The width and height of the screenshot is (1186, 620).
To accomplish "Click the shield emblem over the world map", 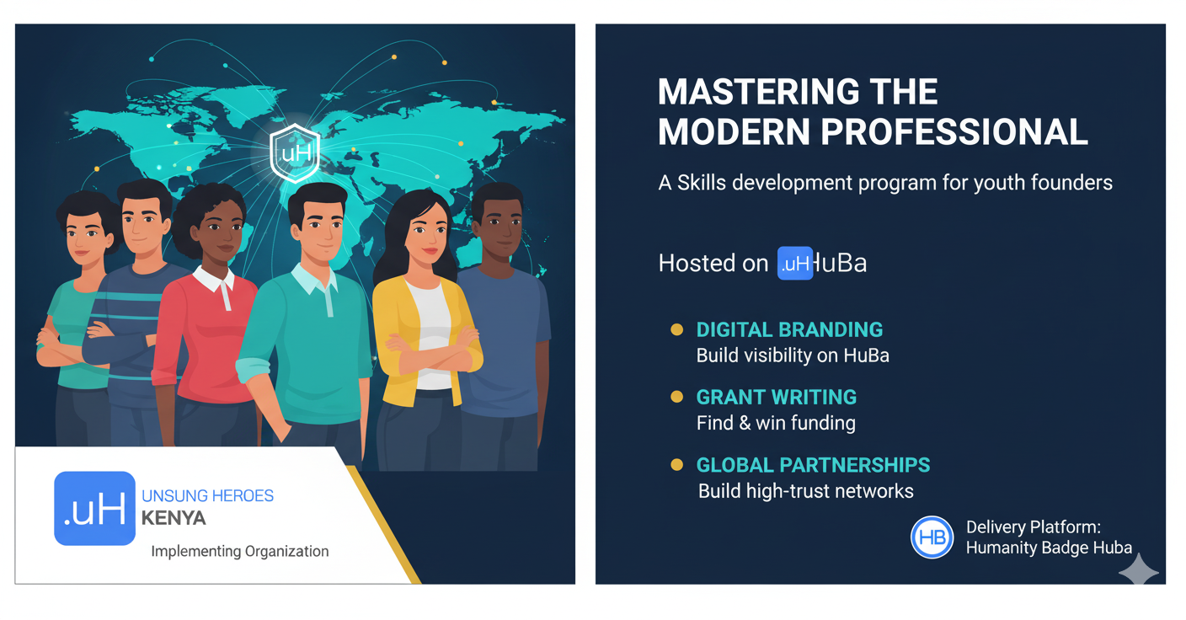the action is pos(295,153).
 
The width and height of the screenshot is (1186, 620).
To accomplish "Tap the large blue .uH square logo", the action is pos(95,508).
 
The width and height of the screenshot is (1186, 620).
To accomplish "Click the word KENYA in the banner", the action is pos(174,518).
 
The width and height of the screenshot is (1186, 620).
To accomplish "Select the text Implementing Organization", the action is pos(240,552).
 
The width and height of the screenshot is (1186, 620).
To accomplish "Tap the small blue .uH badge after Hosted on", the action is pos(794,263).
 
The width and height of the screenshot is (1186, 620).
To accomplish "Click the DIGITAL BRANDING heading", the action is pos(789,330).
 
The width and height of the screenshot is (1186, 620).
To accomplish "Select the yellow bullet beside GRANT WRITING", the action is pos(676,397).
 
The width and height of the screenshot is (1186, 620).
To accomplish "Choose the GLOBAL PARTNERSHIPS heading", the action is pos(813,465).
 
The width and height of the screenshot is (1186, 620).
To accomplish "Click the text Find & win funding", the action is pos(776,423).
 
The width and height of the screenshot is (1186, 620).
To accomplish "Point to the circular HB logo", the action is pos(932,537).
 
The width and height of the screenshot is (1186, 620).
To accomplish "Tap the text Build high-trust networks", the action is pos(806,491).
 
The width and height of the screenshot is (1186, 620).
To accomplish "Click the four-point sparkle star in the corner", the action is pos(1139,571).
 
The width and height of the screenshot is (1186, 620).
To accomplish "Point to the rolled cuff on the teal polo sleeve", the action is pos(253,370).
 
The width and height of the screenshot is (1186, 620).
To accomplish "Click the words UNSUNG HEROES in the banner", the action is pos(207,495).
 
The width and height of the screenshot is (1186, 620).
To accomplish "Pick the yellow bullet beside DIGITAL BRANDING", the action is pos(676,330).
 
